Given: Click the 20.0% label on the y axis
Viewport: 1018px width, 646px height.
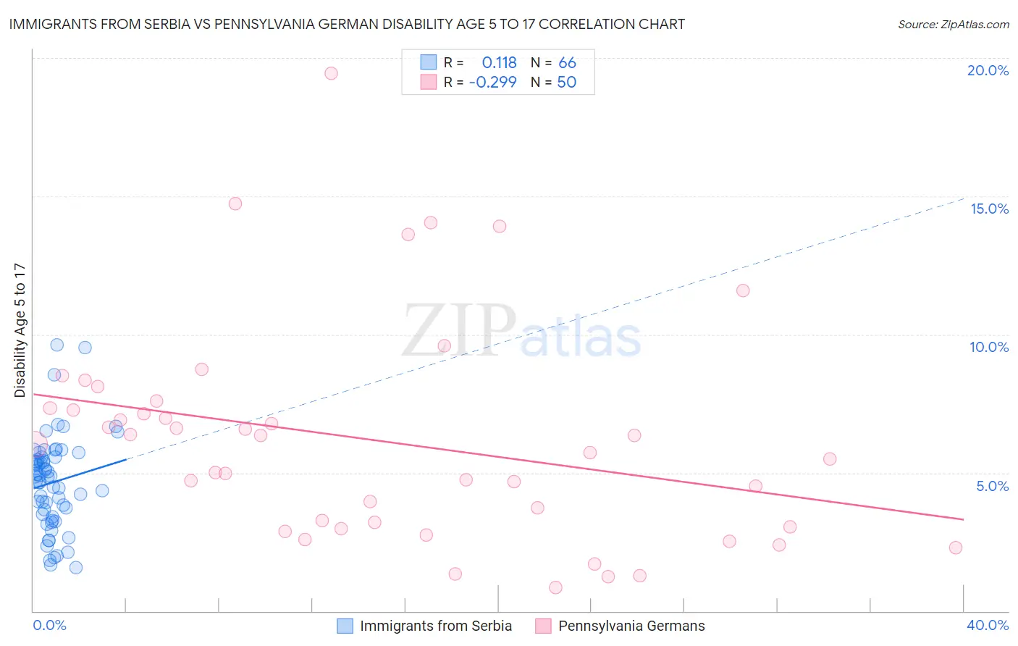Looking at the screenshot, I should tap(988, 70).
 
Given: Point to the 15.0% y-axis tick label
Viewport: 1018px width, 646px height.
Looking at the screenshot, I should tap(989, 209).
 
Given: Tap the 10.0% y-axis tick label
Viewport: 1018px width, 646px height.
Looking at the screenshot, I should tap(989, 347).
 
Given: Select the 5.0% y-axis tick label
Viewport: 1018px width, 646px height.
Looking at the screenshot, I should tap(992, 486).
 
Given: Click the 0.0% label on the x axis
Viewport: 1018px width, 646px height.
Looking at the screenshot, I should tap(49, 625).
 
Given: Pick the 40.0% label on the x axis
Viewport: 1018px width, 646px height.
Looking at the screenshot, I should tap(988, 625).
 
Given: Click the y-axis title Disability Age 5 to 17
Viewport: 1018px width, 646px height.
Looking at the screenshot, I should tap(20, 330).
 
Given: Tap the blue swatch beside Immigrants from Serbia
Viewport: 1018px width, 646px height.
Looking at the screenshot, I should tap(345, 626).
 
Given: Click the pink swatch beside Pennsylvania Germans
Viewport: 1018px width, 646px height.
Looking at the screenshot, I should tap(543, 626).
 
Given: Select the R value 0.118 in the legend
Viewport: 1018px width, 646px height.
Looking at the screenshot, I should tap(499, 63).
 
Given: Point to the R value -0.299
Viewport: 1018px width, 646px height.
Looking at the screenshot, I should tap(493, 82).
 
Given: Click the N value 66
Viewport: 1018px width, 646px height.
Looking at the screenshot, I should tap(567, 63).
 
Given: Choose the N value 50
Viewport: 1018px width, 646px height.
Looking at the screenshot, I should tap(566, 82).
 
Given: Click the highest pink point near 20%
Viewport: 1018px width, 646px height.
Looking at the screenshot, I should tap(331, 73).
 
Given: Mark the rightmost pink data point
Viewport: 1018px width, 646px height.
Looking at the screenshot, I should tap(956, 548).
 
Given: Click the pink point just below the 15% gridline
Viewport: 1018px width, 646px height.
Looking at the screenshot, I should tap(235, 204).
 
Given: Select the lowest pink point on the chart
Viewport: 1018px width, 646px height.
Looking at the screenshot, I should tap(555, 587).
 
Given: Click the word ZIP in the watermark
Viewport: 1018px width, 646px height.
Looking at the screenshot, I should tap(458, 330).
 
